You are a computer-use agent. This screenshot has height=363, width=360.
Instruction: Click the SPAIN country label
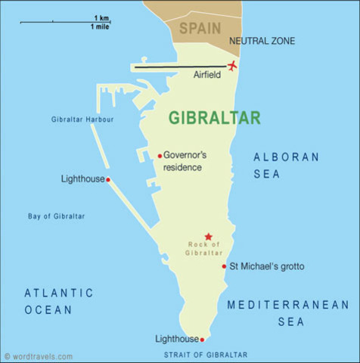[x=200, y=29]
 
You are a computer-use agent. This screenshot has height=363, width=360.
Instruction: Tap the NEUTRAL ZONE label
[x=262, y=41]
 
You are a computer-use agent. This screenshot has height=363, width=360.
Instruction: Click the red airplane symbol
[x=232, y=66]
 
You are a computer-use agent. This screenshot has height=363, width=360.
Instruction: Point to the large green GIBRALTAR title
[x=214, y=118]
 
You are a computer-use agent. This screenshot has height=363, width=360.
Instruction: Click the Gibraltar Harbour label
[x=82, y=119]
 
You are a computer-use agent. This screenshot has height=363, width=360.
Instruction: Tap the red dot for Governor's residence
[x=160, y=156]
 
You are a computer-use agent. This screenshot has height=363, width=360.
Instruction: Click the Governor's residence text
[x=185, y=161]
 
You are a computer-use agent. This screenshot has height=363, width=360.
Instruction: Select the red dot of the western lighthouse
[x=108, y=180]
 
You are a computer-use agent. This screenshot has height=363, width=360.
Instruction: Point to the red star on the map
[x=208, y=237]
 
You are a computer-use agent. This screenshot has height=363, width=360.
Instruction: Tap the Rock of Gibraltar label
[x=204, y=248]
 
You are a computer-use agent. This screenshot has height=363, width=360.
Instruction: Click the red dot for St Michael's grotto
[x=224, y=266]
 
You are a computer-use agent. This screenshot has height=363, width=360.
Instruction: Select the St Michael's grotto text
[x=270, y=266]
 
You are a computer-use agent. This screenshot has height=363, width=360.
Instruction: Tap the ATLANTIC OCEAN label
[x=58, y=300]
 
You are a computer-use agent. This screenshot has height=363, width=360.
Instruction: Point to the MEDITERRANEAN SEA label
[x=288, y=314]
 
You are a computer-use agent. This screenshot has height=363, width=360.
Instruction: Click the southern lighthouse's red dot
[x=202, y=340]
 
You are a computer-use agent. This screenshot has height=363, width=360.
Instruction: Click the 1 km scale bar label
[x=101, y=17]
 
